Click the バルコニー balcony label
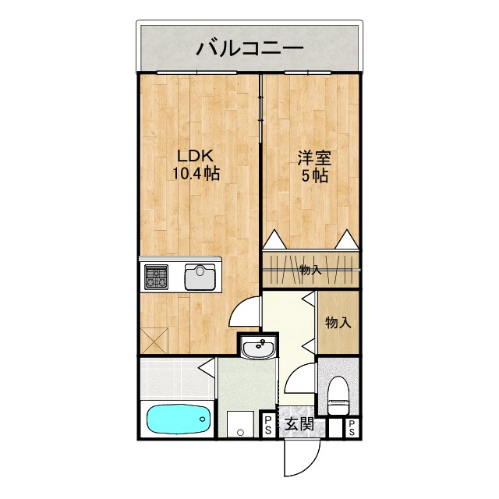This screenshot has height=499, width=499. pos(249,48)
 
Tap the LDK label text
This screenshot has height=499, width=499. pos(194,154)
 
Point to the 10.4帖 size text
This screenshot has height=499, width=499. pos(195,174)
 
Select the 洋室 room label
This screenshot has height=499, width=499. pos(314,157)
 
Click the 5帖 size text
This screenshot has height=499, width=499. pos(314,176)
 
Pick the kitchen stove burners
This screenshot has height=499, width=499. pos(156,277)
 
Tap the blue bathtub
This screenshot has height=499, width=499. pos(179,422)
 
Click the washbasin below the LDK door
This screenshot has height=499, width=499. pos(258,349)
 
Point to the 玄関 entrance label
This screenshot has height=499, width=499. pos(299,424)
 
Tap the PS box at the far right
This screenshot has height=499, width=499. pos(352,426)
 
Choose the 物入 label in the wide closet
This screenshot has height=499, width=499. pos(310,271)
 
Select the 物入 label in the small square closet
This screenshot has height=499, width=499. pos(337,322)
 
